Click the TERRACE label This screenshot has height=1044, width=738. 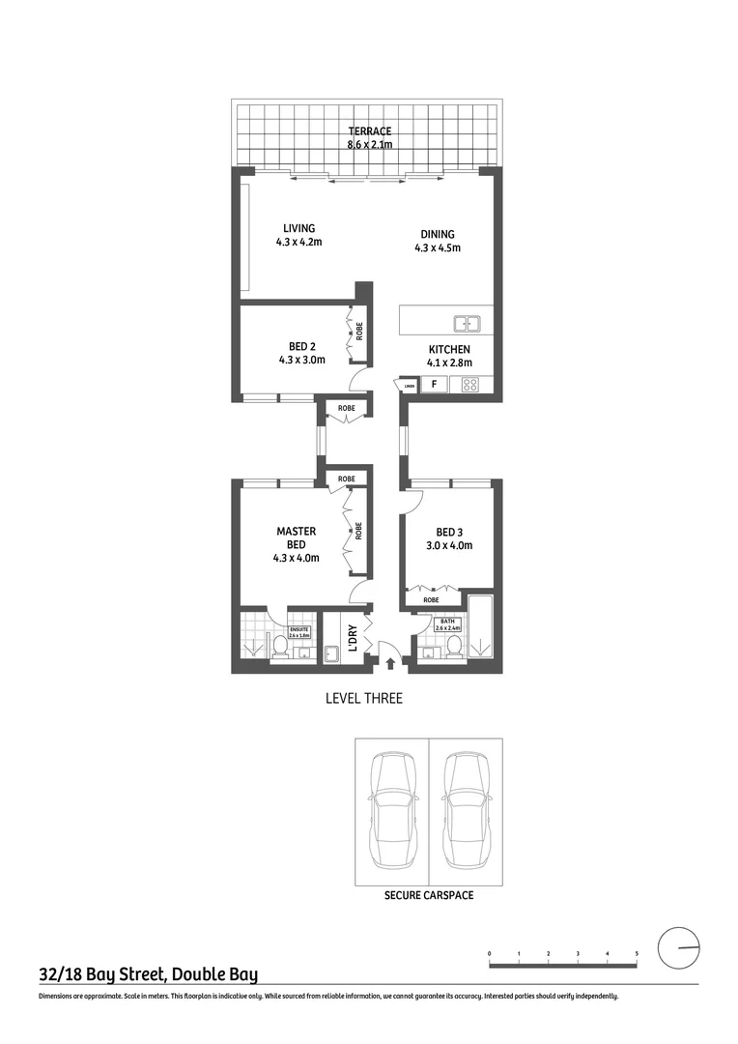(x=369, y=131)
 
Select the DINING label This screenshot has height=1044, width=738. (x=437, y=234)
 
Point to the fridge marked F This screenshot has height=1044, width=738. (x=435, y=384)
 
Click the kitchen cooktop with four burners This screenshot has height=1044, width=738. (x=471, y=384)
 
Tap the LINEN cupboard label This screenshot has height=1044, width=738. (x=409, y=386)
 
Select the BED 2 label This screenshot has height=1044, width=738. (x=301, y=346)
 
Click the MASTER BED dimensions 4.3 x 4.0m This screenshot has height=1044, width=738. (x=297, y=557)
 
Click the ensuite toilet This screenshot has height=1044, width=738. (x=280, y=647)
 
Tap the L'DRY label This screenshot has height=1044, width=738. (x=353, y=640)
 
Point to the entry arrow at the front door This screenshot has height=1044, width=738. (x=389, y=663)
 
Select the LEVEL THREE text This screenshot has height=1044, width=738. (x=363, y=698)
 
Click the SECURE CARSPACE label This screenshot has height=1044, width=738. (x=428, y=895)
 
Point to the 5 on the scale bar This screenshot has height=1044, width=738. (x=637, y=954)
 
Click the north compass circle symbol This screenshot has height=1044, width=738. (x=678, y=947)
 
